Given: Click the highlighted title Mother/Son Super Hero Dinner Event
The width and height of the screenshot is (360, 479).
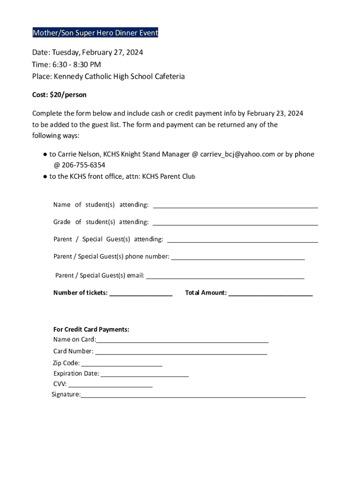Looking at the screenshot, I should pyautogui.click(x=95, y=33).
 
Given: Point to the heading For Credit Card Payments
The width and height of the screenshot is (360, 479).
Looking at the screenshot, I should pyautogui.click(x=91, y=330).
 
